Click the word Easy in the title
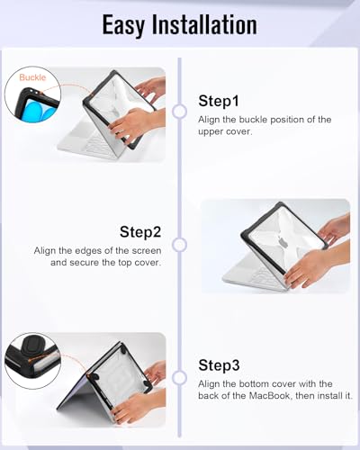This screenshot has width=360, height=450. tap(123, 25)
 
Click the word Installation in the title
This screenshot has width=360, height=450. tap(204, 24)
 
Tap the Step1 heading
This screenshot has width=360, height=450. tap(219, 101)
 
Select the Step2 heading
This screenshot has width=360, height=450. tap(140, 232)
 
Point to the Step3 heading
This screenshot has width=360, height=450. tap(219, 365)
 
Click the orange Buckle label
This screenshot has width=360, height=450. tap(32, 77)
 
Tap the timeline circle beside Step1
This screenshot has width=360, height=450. tap(180, 112)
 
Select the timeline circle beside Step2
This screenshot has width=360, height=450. tap(180, 245)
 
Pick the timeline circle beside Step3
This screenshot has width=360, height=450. tap(180, 378)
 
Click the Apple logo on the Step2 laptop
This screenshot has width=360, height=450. tap(283, 242)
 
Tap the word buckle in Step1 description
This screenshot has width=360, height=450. tap(253, 120)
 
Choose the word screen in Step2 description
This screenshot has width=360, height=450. tap(147, 251)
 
